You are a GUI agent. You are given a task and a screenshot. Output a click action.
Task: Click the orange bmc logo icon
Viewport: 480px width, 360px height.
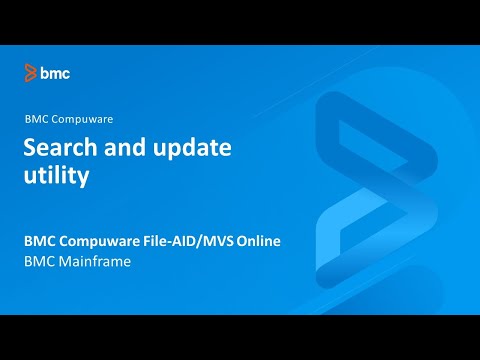pos(31,72)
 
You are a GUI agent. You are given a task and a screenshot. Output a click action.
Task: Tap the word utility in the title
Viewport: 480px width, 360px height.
pos(57,178)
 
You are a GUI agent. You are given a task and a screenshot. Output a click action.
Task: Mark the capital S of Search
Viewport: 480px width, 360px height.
pos(31,149)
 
